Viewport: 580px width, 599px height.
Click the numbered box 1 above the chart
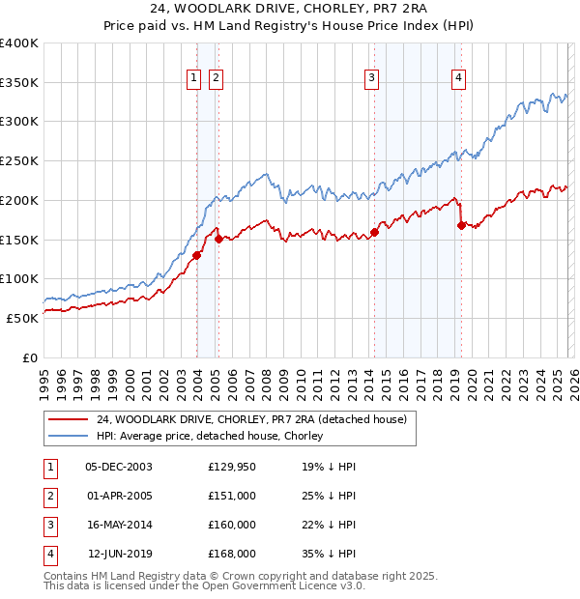pos(194,79)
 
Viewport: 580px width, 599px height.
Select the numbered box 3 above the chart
pos(372,79)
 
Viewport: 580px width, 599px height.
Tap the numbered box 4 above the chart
pos(457,79)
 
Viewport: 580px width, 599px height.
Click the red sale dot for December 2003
pos(196,255)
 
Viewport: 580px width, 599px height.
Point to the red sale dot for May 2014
pos(374,232)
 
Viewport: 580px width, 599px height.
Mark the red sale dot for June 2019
pos(461,225)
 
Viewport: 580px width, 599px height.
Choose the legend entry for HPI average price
pos(209,436)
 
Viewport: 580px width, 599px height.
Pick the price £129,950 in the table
pos(231,467)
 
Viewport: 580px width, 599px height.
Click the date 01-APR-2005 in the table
pos(119,496)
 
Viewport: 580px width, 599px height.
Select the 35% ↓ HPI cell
pos(329,554)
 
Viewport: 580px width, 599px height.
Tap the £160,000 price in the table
pos(231,525)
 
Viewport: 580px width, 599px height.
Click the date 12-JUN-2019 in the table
pos(120,554)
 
